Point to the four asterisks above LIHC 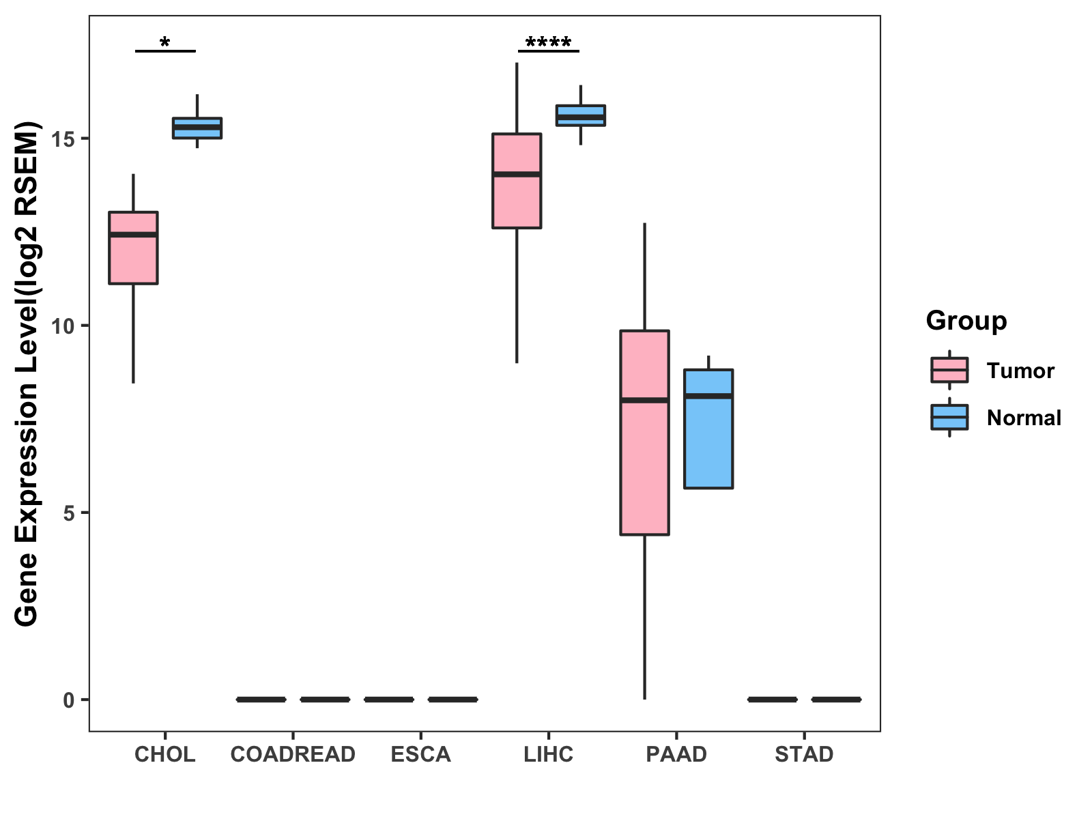(x=549, y=44)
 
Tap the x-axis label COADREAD (x=293, y=754)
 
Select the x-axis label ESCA (x=420, y=754)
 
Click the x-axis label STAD (x=804, y=754)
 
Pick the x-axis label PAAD (x=676, y=754)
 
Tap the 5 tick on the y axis (x=70, y=513)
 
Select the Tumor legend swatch (x=949, y=370)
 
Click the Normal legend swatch (x=949, y=417)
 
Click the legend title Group (x=966, y=321)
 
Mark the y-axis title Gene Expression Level (x=27, y=373)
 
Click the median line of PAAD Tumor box (x=644, y=400)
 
